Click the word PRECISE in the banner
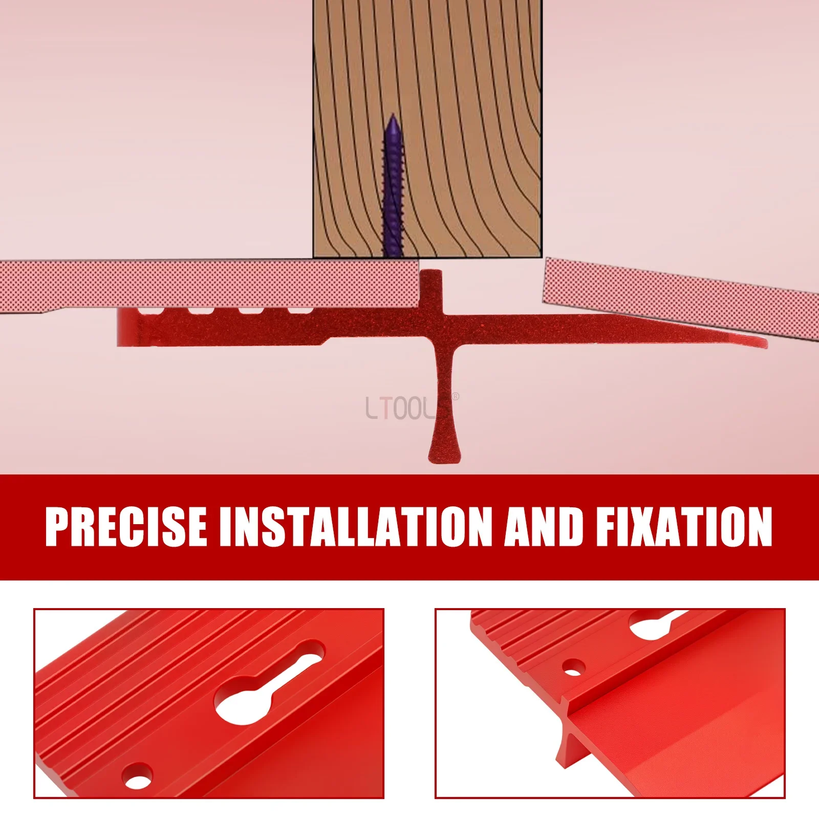coord(126,527)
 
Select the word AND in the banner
coord(544,527)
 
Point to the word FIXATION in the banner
coord(684,527)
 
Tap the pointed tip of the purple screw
coord(393,115)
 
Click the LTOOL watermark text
coord(399,408)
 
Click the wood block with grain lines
coord(427,128)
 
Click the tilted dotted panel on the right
coord(681,297)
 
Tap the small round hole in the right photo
coord(573,667)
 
